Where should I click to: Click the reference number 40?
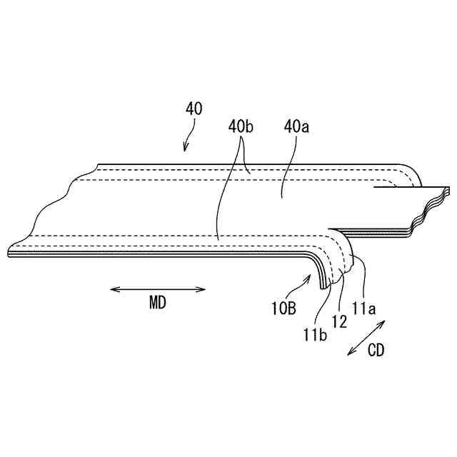click(194, 109)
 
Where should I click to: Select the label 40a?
click(296, 128)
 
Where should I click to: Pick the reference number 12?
click(340, 321)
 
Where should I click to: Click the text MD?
click(158, 303)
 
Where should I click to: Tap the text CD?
click(376, 351)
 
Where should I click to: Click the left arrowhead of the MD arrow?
click(114, 289)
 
